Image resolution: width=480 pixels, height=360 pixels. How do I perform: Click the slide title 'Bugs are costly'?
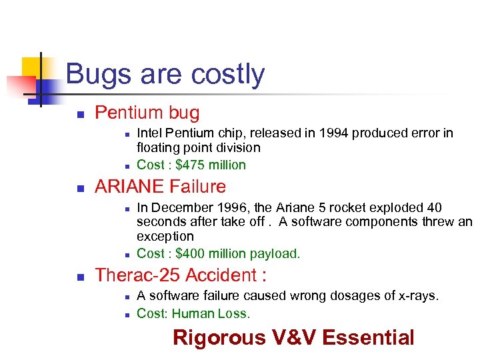[x=165, y=74]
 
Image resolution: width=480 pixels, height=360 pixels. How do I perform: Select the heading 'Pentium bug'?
[x=147, y=113]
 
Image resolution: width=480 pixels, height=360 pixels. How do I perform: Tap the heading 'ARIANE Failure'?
[x=160, y=187]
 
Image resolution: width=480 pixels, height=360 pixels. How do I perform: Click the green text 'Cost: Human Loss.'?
[x=193, y=313]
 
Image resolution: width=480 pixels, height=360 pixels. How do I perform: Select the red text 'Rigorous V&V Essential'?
[x=293, y=337]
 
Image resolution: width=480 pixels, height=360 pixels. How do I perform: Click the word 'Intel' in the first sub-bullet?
[x=150, y=133]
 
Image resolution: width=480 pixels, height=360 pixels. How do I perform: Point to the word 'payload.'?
[x=275, y=253]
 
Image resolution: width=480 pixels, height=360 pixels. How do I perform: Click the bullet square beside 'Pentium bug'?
[x=80, y=114]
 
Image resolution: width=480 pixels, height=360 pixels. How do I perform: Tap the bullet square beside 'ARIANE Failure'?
[x=80, y=188]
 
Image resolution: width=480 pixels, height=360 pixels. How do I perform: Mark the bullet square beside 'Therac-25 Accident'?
[x=80, y=276]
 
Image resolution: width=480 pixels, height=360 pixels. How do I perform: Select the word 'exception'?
[x=165, y=236]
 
